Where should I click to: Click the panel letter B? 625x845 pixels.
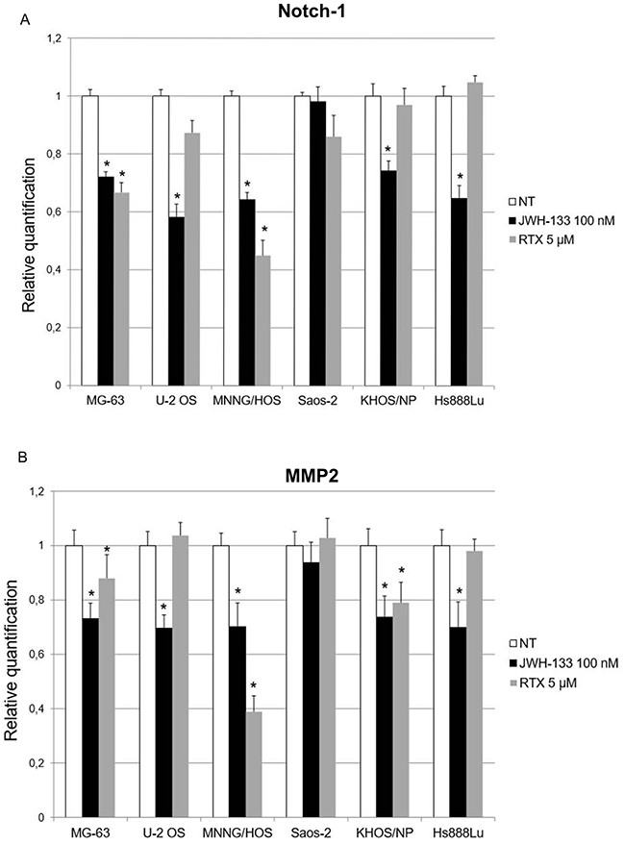8,448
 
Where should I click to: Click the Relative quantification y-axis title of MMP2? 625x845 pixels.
14,654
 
